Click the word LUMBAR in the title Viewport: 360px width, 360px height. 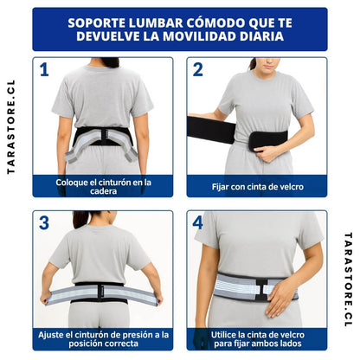coord(155,22)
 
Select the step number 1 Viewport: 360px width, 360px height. coord(44,70)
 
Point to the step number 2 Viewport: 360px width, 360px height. coord(198,70)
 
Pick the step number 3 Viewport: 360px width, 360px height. coord(44,223)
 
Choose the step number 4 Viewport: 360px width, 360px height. coord(198,223)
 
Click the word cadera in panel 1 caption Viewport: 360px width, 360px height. coord(103,191)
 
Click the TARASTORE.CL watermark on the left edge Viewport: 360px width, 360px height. coord(10,127)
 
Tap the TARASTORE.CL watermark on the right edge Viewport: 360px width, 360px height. coord(348,280)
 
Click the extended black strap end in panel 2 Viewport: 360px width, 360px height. coord(211,130)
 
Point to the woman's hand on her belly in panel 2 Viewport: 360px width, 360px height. coord(267,153)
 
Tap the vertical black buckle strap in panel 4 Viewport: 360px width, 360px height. coord(261,289)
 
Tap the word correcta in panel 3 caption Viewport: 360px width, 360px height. coord(121,344)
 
